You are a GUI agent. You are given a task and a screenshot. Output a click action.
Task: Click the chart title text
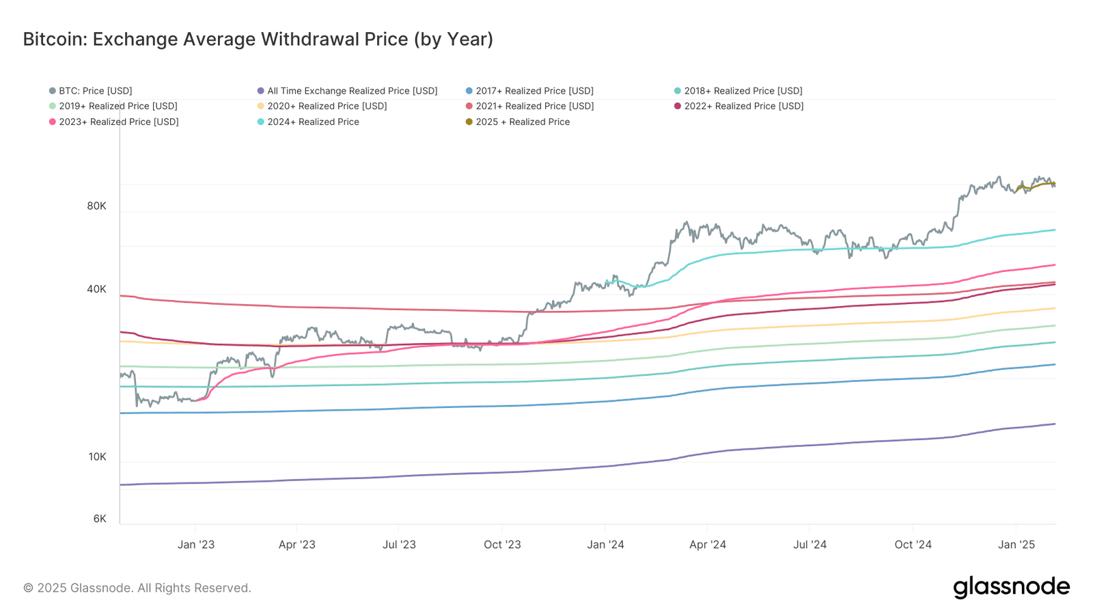[258, 39]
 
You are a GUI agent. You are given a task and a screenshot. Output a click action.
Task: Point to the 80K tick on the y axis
[96, 206]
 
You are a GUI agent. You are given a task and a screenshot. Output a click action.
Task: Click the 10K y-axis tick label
[97, 456]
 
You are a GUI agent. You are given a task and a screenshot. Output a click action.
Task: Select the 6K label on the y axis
[100, 519]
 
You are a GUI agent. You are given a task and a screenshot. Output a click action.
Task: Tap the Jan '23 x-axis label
[196, 545]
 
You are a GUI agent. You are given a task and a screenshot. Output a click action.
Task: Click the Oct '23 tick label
[502, 545]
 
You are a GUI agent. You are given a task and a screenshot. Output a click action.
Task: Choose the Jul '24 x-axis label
[810, 545]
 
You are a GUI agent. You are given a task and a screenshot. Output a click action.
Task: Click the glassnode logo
[1011, 587]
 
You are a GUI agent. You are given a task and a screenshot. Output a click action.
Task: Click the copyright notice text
[137, 588]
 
